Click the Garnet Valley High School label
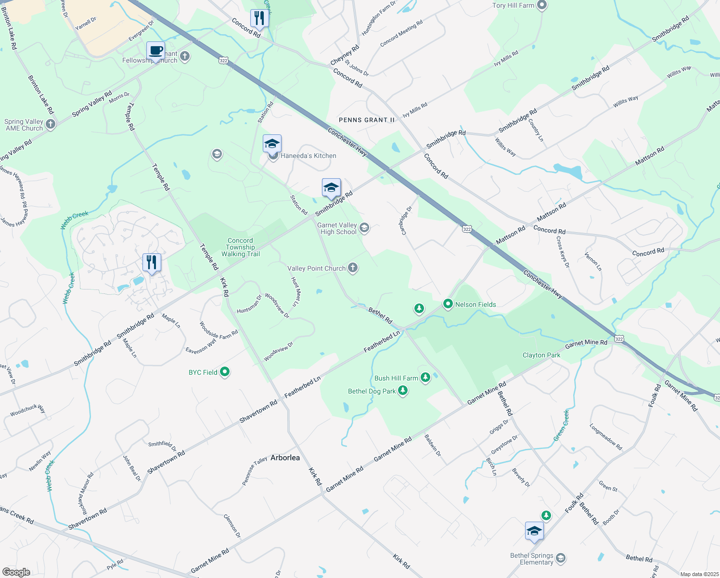tap(337, 228)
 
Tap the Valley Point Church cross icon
tap(353, 268)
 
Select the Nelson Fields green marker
tap(448, 304)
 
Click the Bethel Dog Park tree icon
tap(403, 391)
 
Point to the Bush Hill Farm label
tap(396, 378)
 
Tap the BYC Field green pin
tap(225, 372)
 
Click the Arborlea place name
tap(285, 458)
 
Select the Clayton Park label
tap(541, 355)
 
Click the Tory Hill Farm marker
tap(542, 5)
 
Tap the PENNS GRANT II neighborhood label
tap(367, 120)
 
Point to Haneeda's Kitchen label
tap(309, 156)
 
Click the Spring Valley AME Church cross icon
tap(51, 124)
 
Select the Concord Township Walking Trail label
tap(240, 247)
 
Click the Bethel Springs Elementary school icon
tap(560, 558)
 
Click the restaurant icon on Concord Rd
tap(259, 18)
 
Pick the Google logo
tap(16, 572)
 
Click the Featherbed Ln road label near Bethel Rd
tap(382, 342)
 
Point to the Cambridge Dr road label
tap(406, 221)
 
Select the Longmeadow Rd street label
tap(605, 437)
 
